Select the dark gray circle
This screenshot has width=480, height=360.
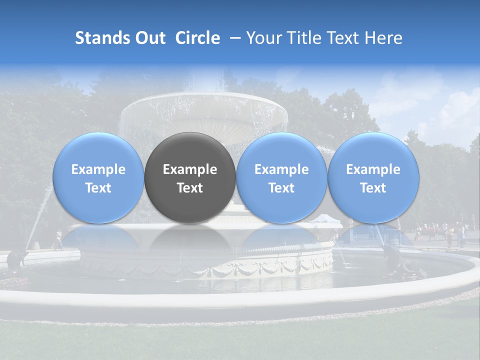[x=190, y=177]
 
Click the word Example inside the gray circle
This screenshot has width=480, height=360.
[x=190, y=169]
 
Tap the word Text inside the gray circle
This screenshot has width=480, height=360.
[x=190, y=188]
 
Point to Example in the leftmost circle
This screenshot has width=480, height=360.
[x=98, y=169]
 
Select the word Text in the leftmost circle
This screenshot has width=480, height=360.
[x=98, y=188]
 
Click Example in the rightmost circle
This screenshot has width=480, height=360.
[x=373, y=169]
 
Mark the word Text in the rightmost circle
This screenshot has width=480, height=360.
[x=373, y=188]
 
